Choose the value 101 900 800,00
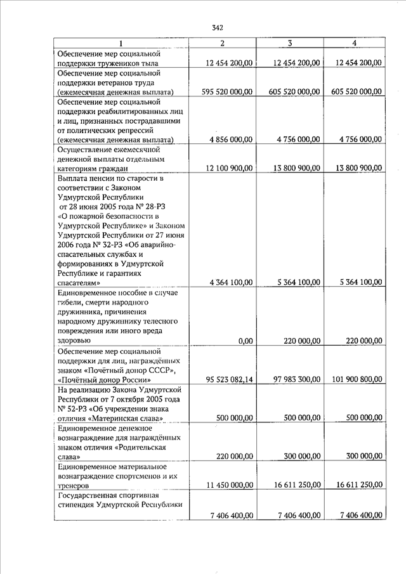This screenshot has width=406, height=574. click(356, 379)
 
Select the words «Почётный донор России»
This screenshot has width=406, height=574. click(102, 379)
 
